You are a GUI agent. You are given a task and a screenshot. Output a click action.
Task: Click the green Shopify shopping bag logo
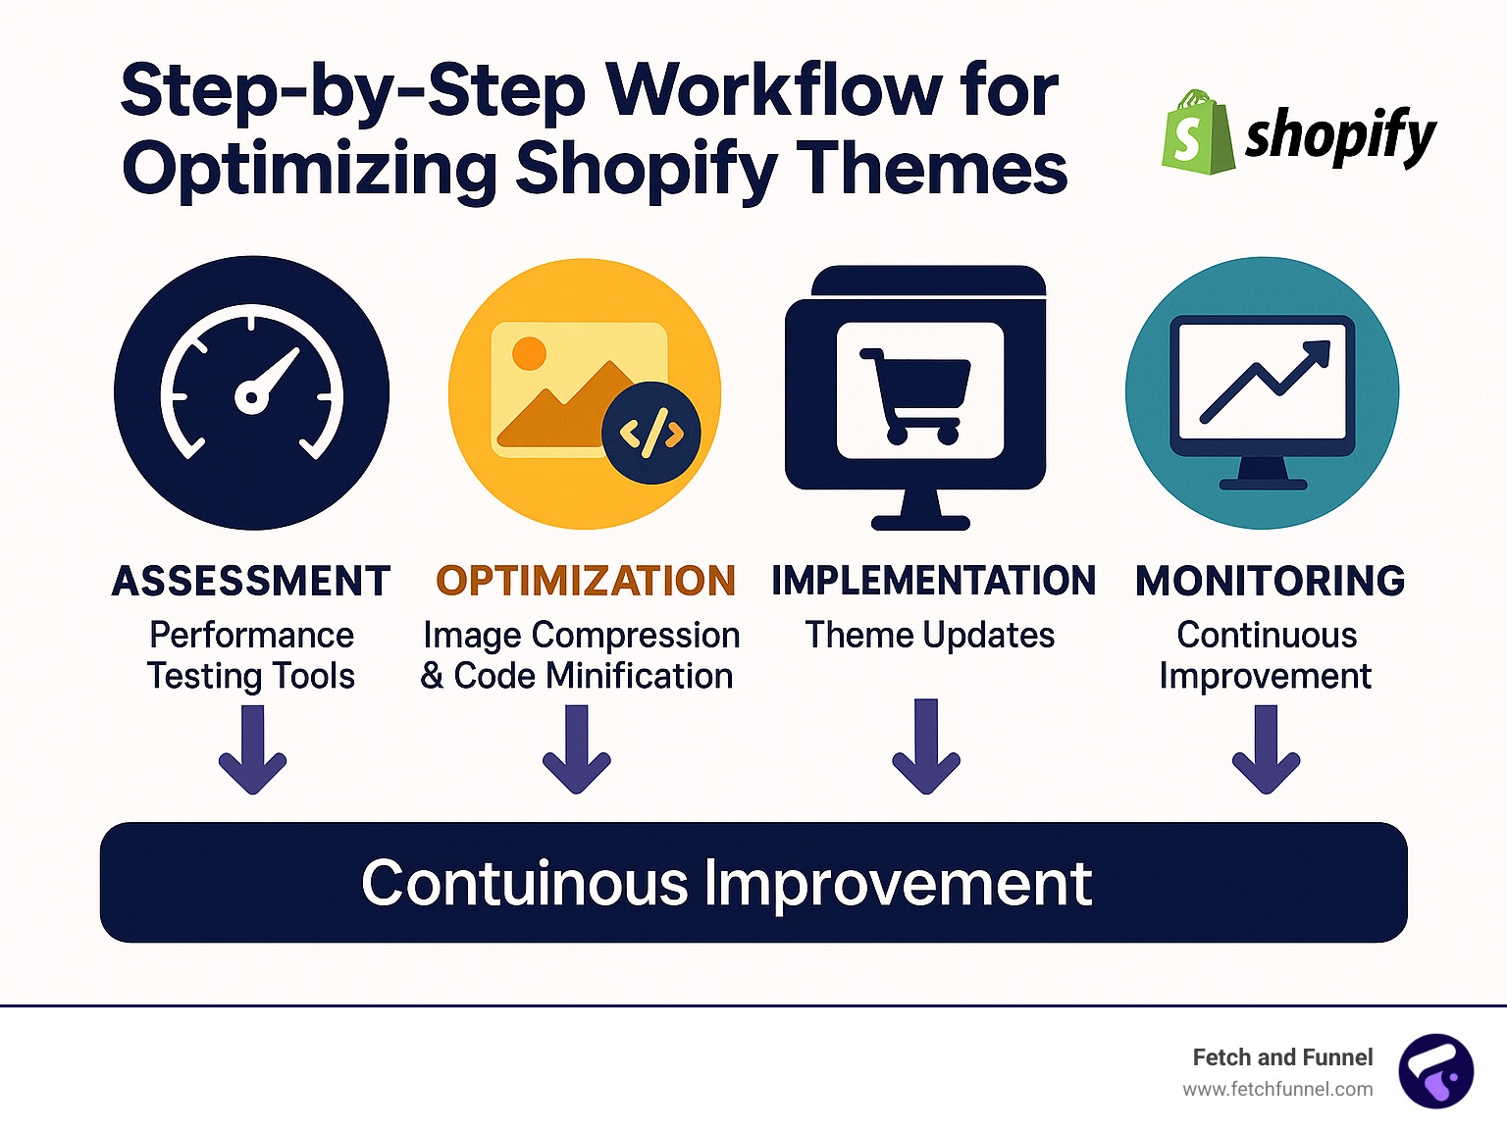[1196, 133]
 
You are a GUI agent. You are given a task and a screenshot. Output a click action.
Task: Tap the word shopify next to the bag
[1340, 136]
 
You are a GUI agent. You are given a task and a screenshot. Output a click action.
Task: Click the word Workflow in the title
[773, 90]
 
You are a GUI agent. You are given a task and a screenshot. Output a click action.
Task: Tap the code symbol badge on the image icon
[651, 433]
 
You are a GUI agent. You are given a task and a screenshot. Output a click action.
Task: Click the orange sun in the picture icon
[529, 353]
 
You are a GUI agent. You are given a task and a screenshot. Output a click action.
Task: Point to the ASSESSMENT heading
[251, 582]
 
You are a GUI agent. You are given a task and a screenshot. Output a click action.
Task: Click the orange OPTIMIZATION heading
[586, 581]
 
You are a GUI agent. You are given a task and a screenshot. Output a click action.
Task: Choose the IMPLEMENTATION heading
[933, 581]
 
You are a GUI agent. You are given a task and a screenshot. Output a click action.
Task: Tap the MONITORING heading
[1270, 581]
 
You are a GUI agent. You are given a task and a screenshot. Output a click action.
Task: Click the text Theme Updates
[929, 636]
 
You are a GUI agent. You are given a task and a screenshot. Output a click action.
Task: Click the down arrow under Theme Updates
[926, 747]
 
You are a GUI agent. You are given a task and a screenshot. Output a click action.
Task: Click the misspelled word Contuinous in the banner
[525, 883]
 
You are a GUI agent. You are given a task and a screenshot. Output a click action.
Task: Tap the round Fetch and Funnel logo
[1435, 1071]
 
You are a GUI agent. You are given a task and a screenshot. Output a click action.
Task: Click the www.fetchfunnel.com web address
[1277, 1089]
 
